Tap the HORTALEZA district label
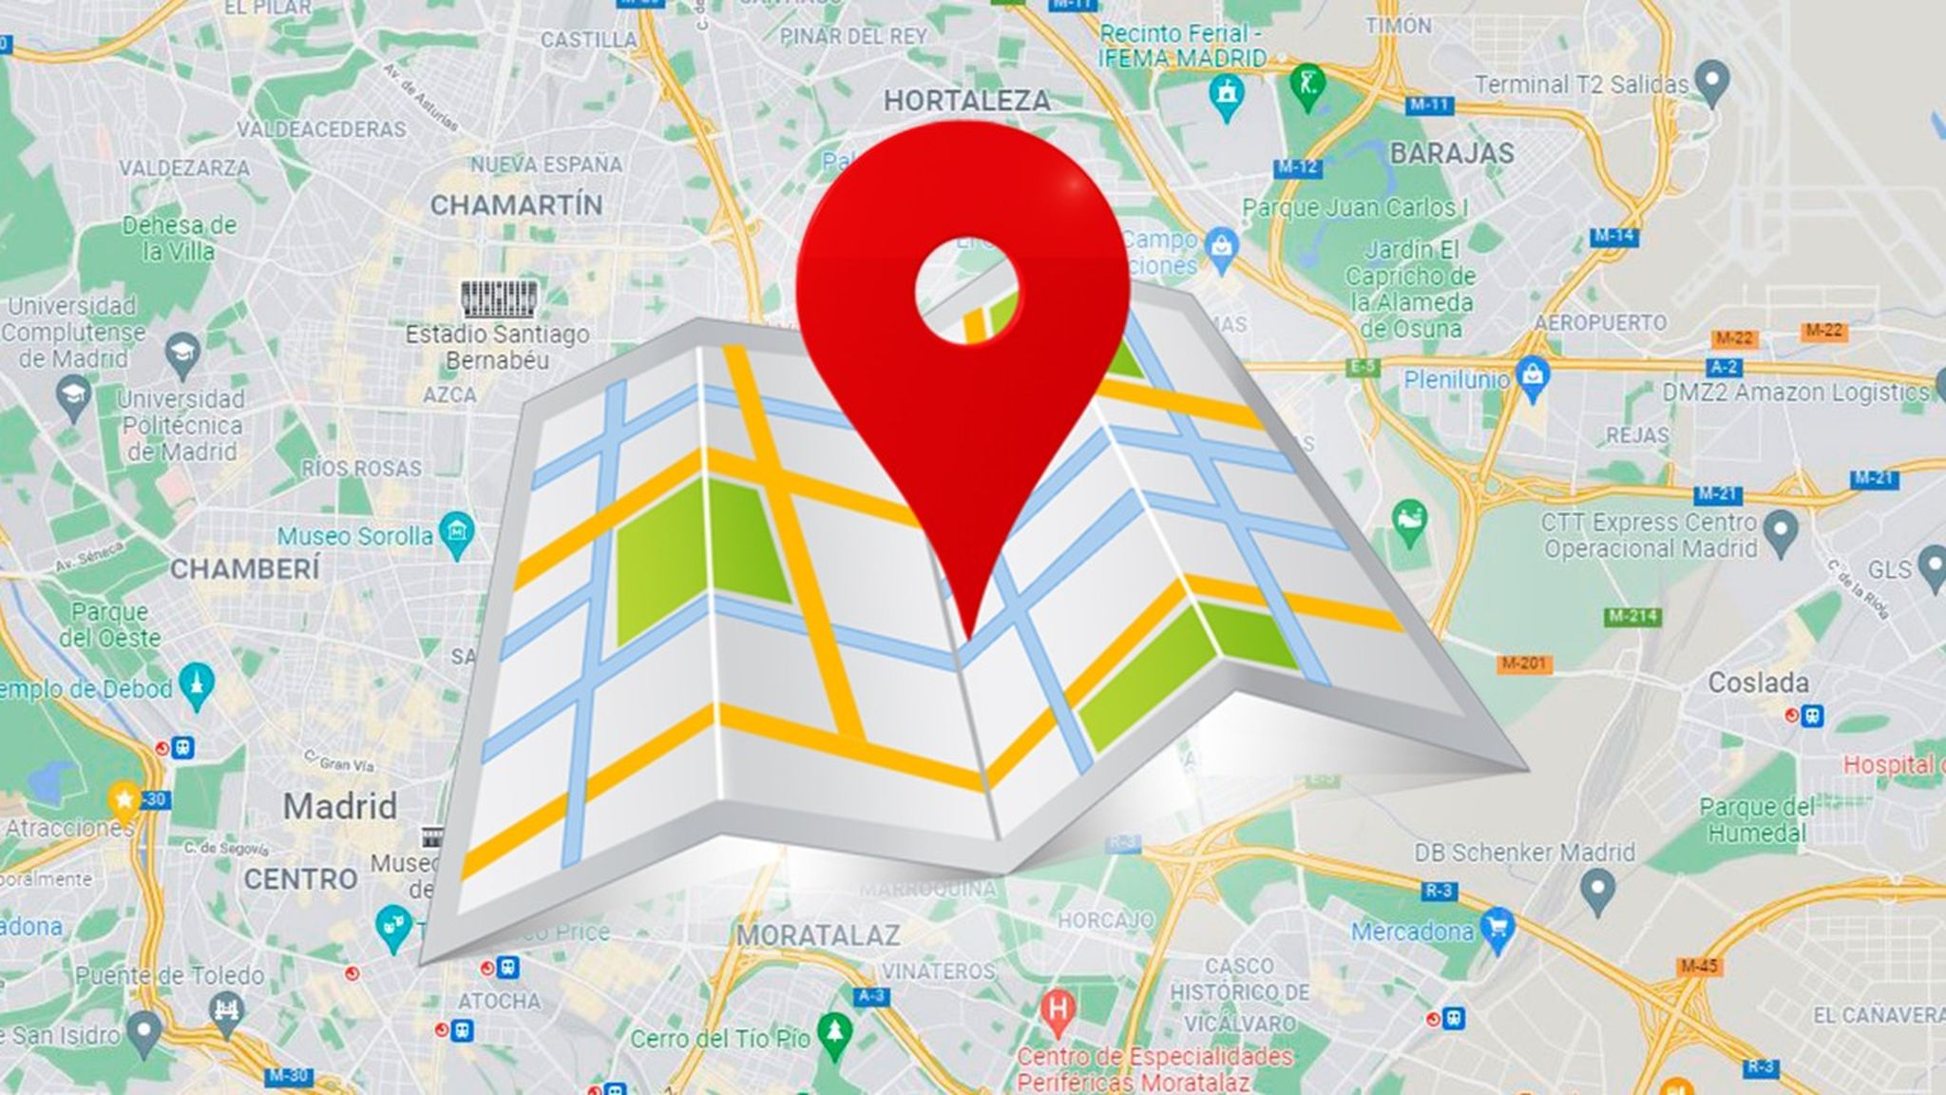click(966, 101)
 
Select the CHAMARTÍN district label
click(516, 205)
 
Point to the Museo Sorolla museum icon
click(457, 534)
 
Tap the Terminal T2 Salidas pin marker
click(1712, 83)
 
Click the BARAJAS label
click(1451, 154)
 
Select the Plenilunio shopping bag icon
click(1533, 378)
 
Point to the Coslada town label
click(1758, 682)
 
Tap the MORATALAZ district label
click(817, 936)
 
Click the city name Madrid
click(339, 807)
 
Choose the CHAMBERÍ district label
click(245, 569)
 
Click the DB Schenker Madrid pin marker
click(1597, 892)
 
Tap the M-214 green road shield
click(1632, 617)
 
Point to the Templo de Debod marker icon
click(197, 685)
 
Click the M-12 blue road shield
click(1297, 168)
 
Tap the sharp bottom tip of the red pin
click(969, 636)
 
